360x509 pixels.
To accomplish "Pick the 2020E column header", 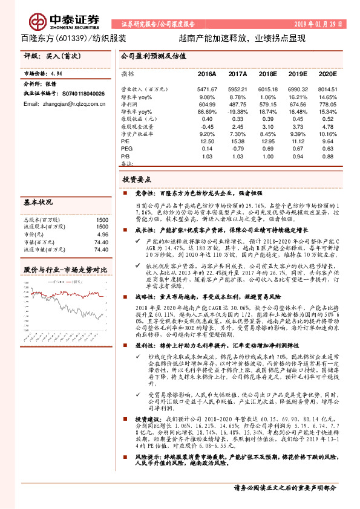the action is pos(327,74).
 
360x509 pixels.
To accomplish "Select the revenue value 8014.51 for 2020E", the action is pos(327,89).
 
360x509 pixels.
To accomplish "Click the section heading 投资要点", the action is pos(137,180).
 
